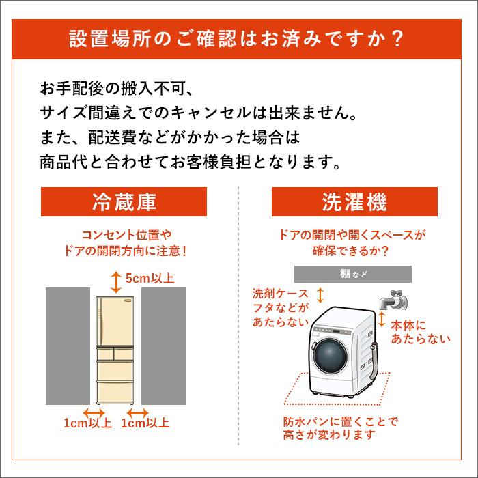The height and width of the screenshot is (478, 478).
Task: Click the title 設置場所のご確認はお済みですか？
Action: click(x=238, y=38)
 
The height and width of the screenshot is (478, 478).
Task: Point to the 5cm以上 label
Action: click(x=150, y=278)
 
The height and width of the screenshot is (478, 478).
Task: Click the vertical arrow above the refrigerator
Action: click(x=115, y=278)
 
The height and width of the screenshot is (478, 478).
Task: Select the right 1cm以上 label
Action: click(x=145, y=423)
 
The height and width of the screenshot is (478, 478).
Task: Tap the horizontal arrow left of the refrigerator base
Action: click(x=92, y=412)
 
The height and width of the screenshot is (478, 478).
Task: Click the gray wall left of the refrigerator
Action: click(x=68, y=348)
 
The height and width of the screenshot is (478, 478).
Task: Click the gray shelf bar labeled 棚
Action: click(x=353, y=274)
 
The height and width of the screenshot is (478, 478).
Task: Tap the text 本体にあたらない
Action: click(x=420, y=333)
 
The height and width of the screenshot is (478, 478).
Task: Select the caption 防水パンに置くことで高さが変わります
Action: click(x=339, y=427)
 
